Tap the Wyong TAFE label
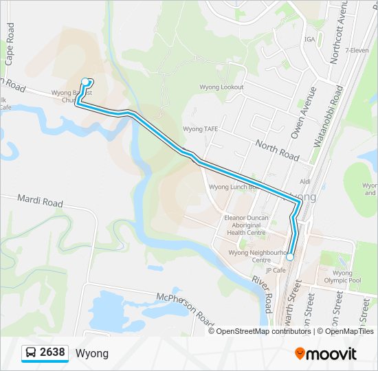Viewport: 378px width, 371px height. (200, 128)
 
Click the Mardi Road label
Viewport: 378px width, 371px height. (41, 201)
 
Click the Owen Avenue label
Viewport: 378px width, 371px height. (303, 113)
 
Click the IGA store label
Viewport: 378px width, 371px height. (309, 39)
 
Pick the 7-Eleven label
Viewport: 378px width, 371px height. (357, 50)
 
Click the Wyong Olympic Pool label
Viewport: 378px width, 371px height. (346, 277)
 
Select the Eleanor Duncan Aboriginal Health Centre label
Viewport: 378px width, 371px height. (246, 225)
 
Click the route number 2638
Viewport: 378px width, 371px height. (52, 353)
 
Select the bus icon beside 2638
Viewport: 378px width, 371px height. (31, 353)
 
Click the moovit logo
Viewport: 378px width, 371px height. (326, 354)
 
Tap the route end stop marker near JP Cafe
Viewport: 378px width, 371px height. (290, 257)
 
